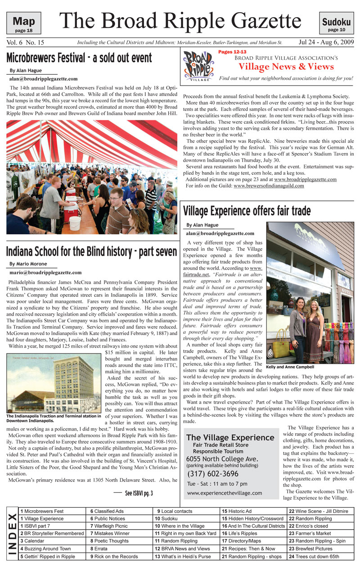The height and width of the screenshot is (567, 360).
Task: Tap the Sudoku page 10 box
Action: pos(336,23)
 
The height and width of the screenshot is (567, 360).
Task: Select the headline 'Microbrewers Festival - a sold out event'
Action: pos(79,58)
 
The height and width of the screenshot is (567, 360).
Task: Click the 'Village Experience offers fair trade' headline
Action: pos(247,210)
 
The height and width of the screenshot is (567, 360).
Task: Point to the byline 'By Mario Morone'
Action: pos(29,263)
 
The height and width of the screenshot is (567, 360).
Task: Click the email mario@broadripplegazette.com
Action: pos(45,272)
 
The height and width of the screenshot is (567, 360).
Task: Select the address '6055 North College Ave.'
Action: pos(222,459)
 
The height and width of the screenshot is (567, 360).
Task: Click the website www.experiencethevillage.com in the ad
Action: pos(224,493)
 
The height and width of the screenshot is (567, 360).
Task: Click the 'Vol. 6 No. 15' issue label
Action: pos(25,43)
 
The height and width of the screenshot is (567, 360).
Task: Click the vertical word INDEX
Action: pos(13,534)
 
